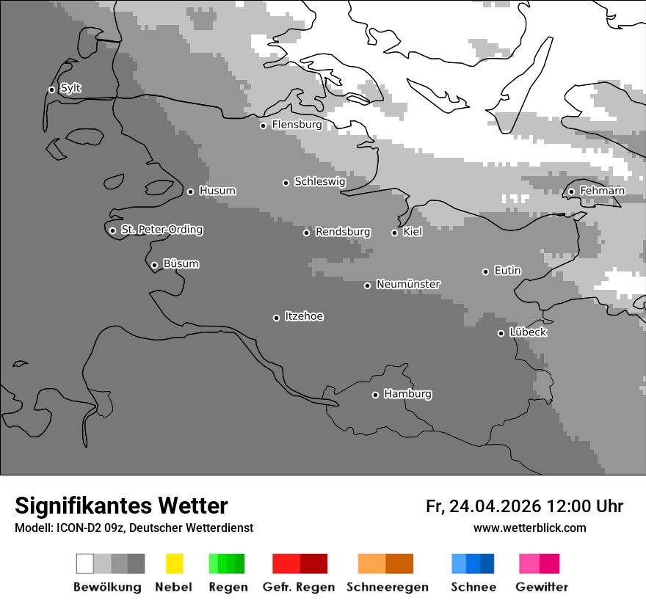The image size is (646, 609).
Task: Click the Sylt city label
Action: coord(70,89)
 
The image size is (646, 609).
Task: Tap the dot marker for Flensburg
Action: coord(263,125)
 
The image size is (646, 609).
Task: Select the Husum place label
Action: coord(217,191)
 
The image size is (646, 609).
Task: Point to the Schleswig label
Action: coord(319,181)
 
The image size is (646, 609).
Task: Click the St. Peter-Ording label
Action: coord(161,230)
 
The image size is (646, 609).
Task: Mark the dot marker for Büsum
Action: coord(154,265)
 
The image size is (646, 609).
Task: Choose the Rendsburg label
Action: coord(342,232)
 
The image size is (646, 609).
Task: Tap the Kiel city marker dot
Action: coord(394,233)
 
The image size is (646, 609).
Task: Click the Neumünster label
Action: coord(408,284)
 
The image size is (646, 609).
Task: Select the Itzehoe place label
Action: coord(304,316)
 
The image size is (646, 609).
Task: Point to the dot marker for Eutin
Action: coord(485,271)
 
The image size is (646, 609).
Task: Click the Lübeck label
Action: coord(528,332)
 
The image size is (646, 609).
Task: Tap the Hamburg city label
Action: coord(407,394)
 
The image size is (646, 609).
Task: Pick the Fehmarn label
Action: coord(602,191)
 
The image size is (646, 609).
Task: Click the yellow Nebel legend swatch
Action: coord(175,564)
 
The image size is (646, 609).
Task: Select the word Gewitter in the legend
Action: coord(542,587)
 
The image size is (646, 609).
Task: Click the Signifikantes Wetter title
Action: coord(121,506)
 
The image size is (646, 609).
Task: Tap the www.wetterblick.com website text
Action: coord(529,528)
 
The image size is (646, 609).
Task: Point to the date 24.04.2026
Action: coord(495,506)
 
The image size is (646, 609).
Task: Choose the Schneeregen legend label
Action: coord(387,587)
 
